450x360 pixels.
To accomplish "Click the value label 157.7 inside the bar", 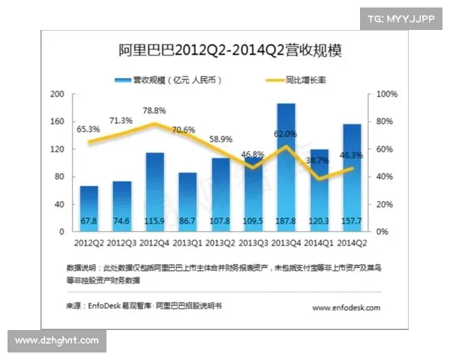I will tap(351, 221).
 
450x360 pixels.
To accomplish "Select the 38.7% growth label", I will tap(317, 160).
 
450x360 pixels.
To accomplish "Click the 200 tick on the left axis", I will tap(56, 94).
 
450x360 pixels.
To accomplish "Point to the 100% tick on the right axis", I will tap(385, 94).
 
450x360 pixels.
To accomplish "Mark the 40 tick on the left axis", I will tap(58, 204).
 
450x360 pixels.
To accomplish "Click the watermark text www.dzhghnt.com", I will tap(57, 340).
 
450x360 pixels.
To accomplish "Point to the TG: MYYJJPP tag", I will tap(401, 19).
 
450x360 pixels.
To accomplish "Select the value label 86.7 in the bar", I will tap(187, 221).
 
